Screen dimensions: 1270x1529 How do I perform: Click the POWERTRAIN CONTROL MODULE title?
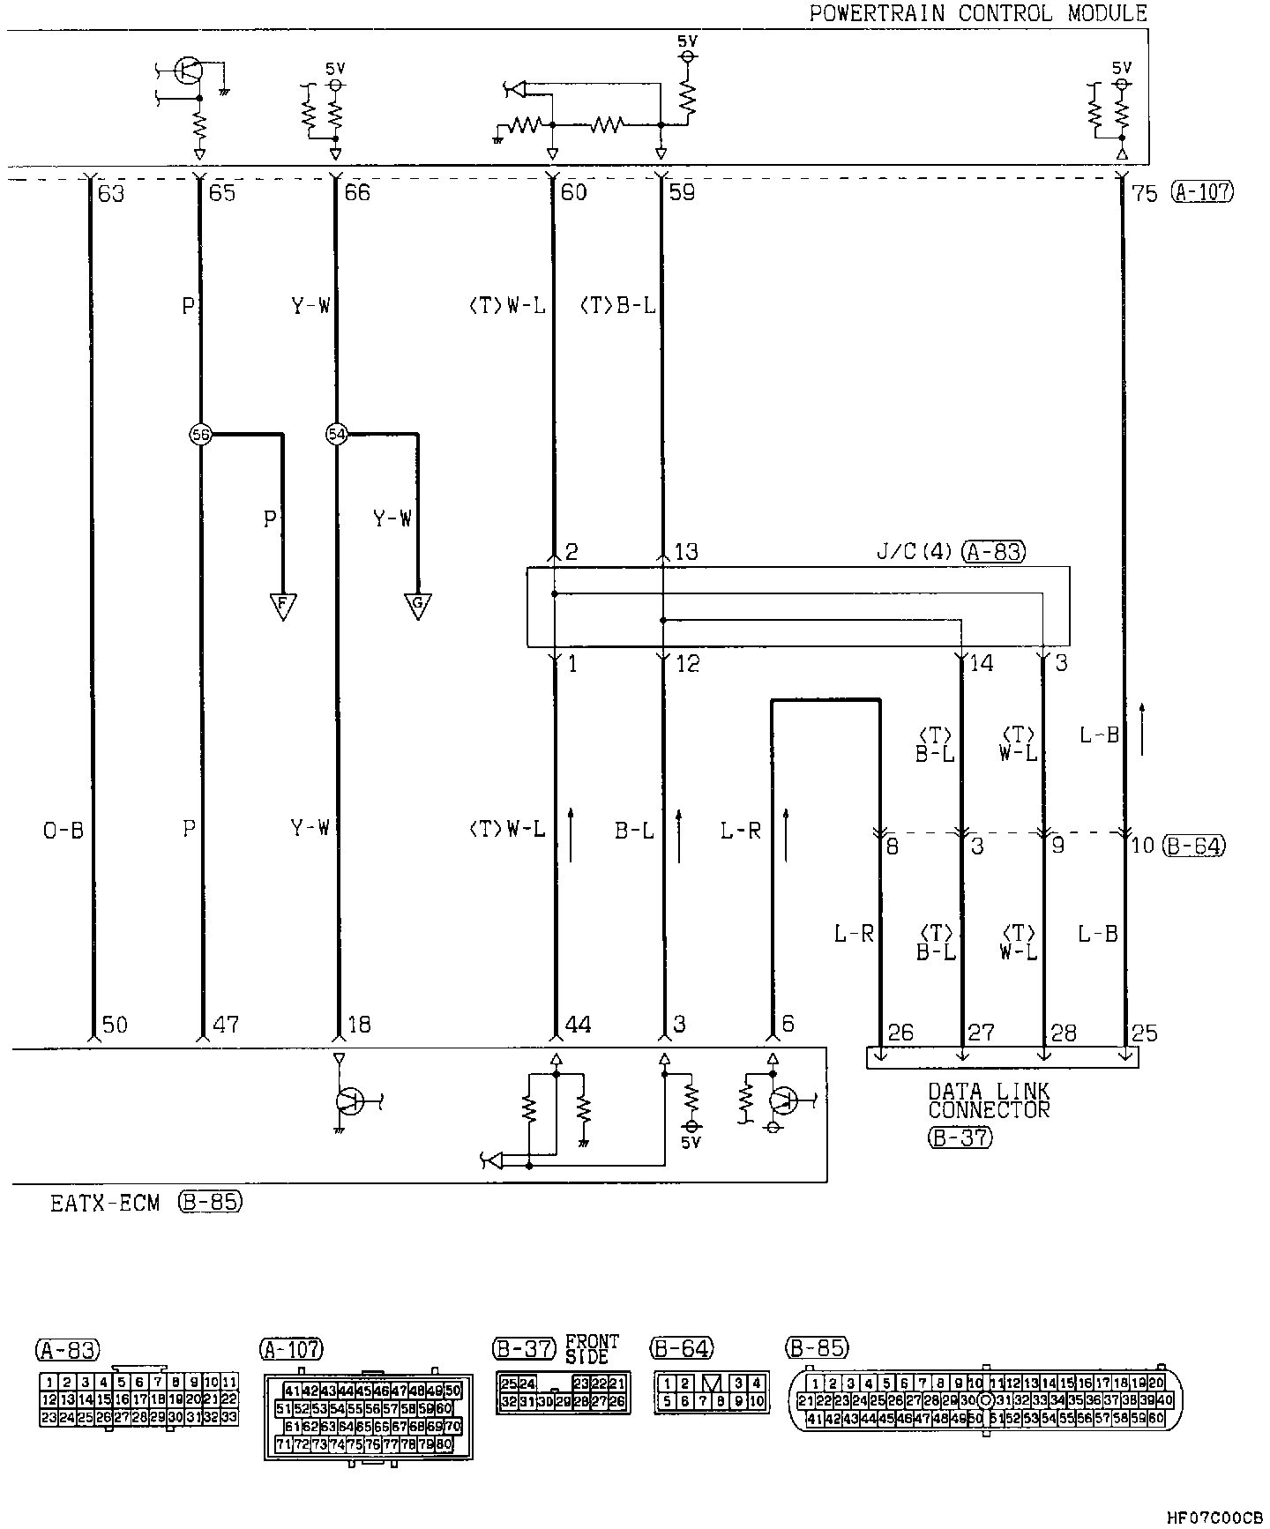[978, 13]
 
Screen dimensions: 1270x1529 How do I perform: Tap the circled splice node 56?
[200, 434]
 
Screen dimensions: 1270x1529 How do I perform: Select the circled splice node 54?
[335, 434]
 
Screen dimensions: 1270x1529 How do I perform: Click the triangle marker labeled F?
[282, 605]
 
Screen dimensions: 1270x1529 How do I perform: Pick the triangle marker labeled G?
[417, 605]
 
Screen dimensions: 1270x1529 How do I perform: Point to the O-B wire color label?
[63, 830]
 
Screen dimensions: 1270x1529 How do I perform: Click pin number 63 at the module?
[111, 192]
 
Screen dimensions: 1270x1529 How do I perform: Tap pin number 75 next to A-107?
[1144, 192]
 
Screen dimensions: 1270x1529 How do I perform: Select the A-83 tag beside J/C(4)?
[994, 552]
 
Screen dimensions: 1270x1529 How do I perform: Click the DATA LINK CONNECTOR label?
[989, 1100]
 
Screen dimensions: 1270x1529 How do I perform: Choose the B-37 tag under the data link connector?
[960, 1137]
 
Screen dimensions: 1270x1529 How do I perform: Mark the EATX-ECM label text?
[105, 1203]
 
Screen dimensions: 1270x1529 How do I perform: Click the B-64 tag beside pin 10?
[1194, 846]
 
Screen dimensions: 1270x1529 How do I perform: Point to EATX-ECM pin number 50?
[115, 1025]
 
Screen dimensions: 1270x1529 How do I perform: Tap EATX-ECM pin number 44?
[577, 1025]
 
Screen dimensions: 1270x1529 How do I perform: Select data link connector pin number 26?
[900, 1033]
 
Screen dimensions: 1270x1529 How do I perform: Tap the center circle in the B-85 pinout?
[985, 1400]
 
